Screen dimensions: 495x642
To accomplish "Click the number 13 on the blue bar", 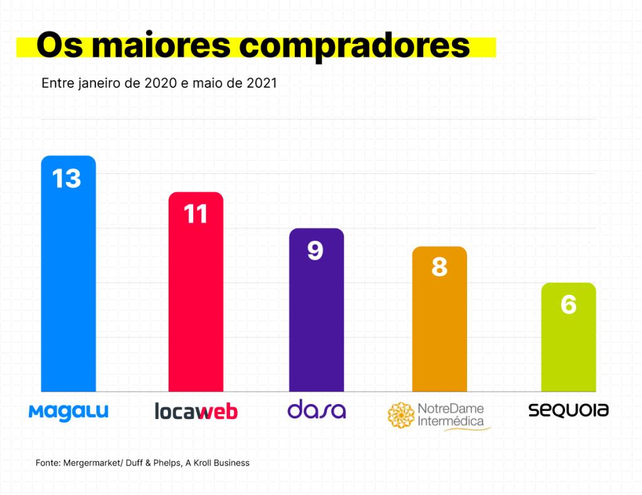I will coord(67,179).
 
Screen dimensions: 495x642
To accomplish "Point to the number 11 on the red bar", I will coord(196,215).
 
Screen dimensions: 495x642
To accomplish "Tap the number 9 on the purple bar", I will coord(315,250).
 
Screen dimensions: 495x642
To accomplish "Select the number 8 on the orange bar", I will coord(439,268).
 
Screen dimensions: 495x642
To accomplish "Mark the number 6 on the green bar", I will coord(568,304).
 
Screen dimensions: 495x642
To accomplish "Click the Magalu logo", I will coord(68,412).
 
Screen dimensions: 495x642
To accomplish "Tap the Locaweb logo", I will coord(196,412).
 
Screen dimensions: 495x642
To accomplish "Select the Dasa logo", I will coord(316,410).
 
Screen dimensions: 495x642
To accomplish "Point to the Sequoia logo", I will coord(568,410).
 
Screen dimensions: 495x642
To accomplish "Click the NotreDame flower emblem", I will coord(401,415).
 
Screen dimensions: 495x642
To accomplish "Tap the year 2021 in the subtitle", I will coord(261,83).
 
